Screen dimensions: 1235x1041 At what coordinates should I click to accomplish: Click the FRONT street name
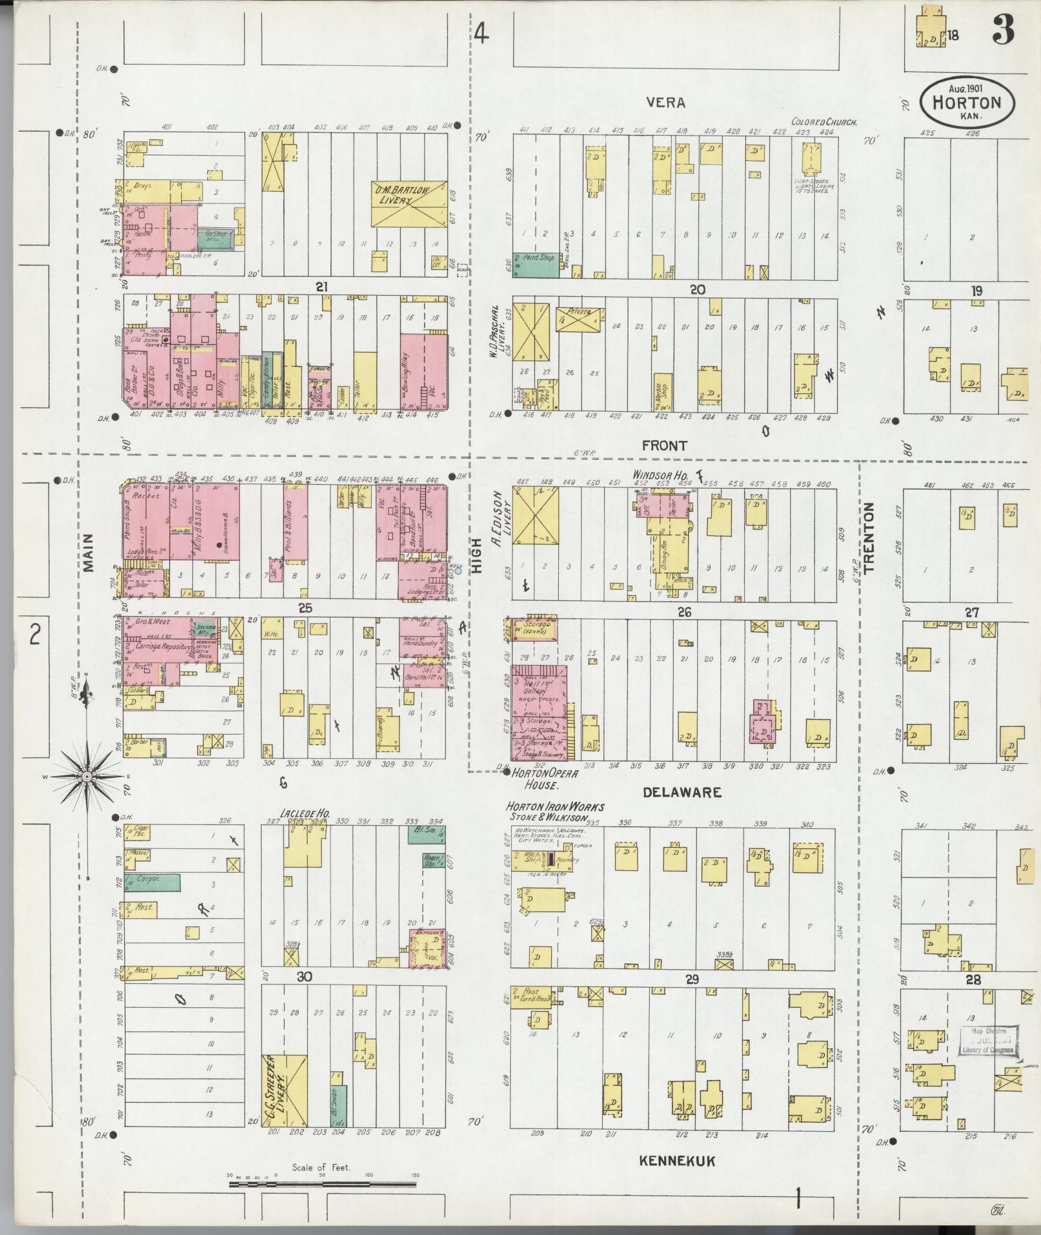coord(664,445)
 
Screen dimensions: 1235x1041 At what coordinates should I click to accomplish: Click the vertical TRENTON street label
coord(869,538)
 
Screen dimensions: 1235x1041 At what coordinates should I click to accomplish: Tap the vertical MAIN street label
coord(88,553)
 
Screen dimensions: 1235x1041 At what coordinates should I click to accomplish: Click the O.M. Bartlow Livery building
coord(409,203)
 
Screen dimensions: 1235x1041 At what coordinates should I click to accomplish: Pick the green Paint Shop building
coord(535,265)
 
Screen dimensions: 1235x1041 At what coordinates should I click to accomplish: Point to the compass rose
coord(86,777)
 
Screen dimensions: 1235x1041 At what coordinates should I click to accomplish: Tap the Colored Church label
coord(824,122)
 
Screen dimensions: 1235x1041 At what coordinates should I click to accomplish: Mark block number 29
coord(692,998)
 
